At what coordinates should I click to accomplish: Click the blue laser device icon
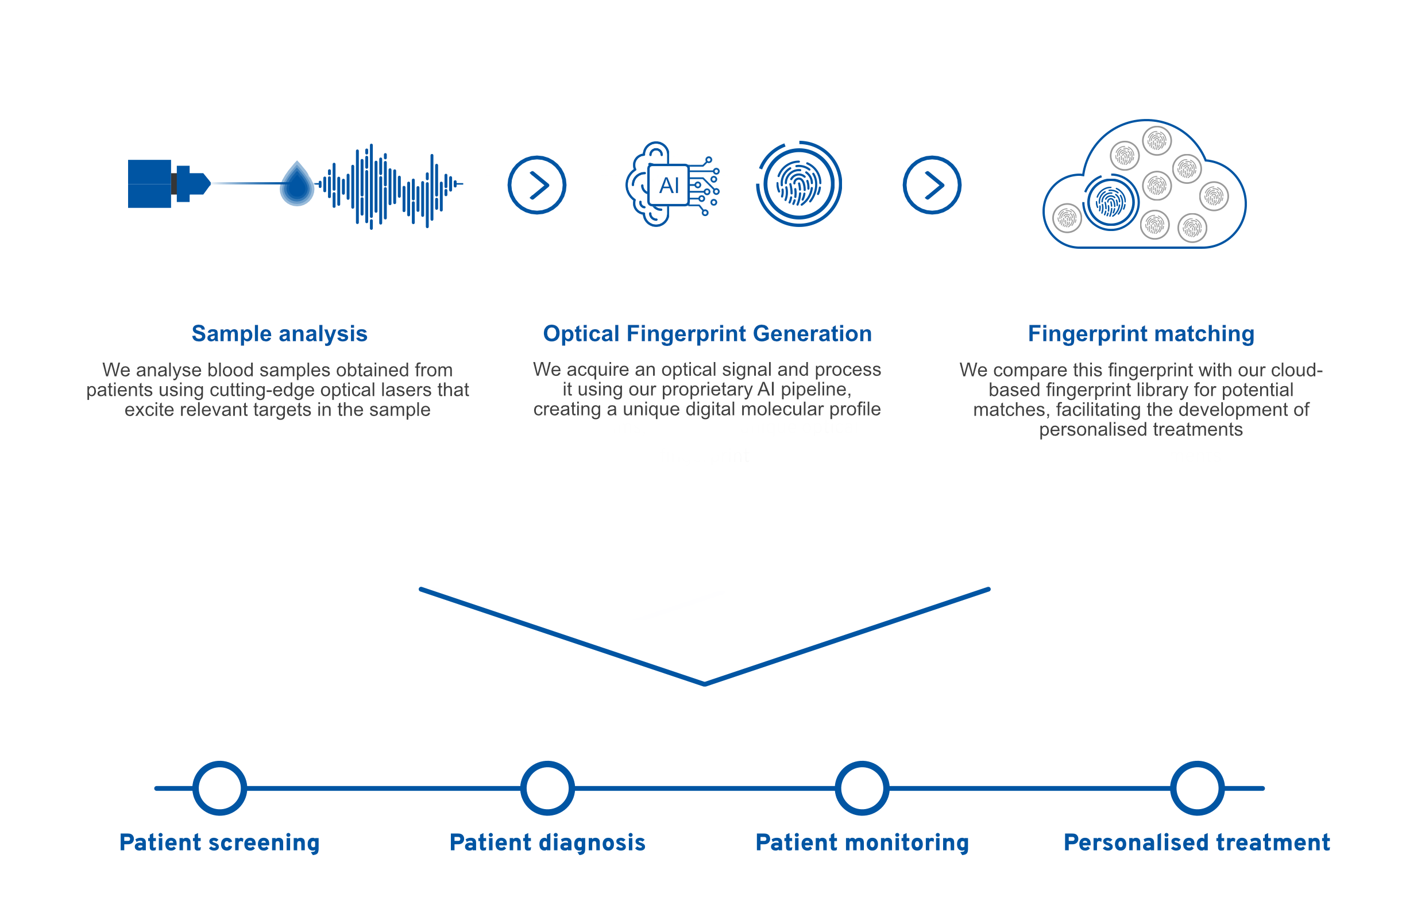[x=169, y=184]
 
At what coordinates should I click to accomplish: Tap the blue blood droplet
[x=296, y=184]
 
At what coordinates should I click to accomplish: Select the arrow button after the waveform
[x=536, y=185]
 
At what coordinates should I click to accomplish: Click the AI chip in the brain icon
[x=668, y=185]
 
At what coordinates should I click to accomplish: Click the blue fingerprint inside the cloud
[x=1110, y=203]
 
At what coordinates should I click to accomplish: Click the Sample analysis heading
[x=279, y=334]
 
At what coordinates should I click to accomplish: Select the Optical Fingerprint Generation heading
[x=707, y=334]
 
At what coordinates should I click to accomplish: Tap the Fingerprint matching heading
[x=1140, y=334]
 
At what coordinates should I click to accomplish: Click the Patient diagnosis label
[x=547, y=842]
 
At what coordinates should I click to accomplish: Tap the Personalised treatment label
[x=1196, y=842]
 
